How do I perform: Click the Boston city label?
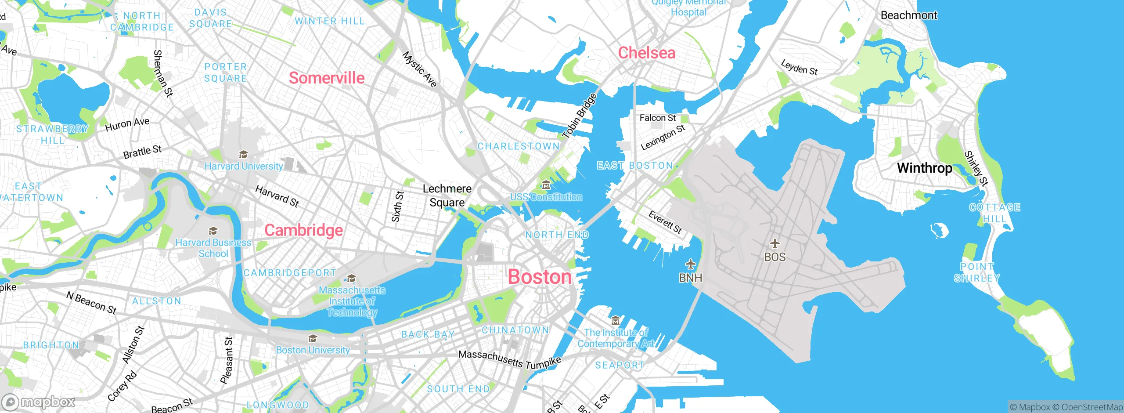click(540, 277)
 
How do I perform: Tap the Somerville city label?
click(327, 78)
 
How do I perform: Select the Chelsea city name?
click(646, 53)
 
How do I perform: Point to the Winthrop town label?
click(924, 168)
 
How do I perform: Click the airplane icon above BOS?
click(775, 243)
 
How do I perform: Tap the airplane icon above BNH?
click(691, 264)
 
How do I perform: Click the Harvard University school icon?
click(243, 154)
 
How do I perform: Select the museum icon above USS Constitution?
click(546, 185)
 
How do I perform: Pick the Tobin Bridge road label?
click(580, 116)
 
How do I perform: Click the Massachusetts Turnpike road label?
click(509, 359)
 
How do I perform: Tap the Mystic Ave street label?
click(420, 69)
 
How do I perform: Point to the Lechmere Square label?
click(447, 196)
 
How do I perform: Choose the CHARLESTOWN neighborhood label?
click(518, 146)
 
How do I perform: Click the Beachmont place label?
click(908, 15)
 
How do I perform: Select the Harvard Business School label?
click(213, 248)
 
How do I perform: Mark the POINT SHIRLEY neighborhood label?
click(977, 272)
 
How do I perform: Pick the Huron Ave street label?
click(127, 124)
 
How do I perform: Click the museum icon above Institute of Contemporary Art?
click(616, 320)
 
